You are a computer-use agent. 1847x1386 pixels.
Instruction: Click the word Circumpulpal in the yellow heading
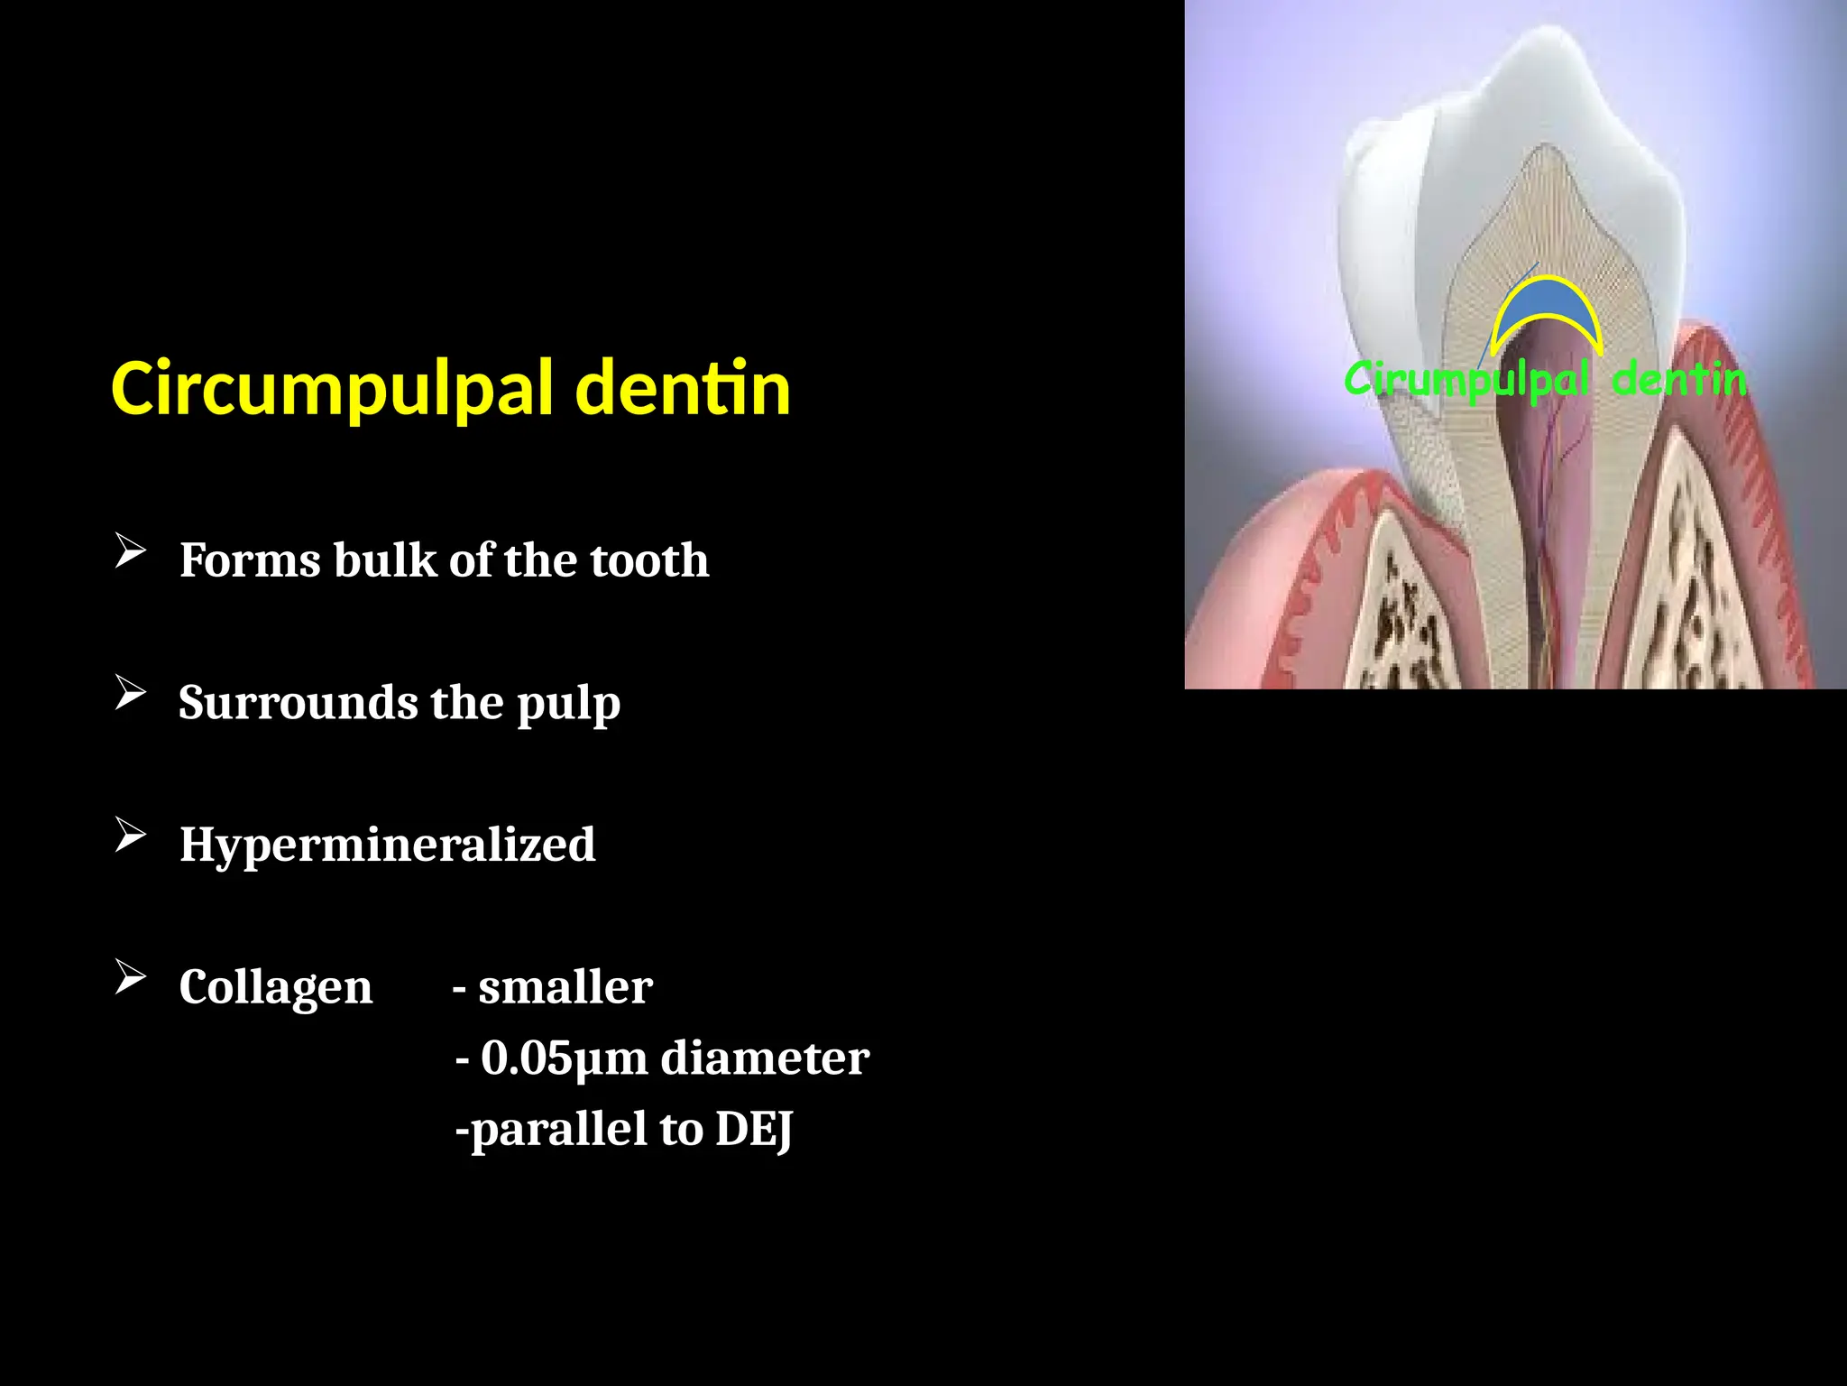click(331, 390)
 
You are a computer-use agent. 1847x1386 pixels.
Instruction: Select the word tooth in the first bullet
click(649, 560)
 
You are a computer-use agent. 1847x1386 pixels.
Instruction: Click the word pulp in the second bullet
click(568, 705)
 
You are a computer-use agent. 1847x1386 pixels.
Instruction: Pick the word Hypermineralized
click(387, 845)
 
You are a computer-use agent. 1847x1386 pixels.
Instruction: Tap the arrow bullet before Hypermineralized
click(131, 835)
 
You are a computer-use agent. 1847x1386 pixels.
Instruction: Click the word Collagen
click(275, 987)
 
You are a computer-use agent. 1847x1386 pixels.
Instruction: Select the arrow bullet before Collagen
click(131, 977)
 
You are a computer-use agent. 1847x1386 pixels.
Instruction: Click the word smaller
click(565, 987)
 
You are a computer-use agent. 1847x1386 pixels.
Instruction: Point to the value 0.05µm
click(564, 1058)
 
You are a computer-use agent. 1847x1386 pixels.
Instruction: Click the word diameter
click(765, 1058)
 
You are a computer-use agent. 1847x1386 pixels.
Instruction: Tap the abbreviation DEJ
click(754, 1130)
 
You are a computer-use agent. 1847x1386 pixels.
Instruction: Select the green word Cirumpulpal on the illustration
click(1466, 380)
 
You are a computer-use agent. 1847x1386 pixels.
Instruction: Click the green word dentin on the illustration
click(1678, 380)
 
